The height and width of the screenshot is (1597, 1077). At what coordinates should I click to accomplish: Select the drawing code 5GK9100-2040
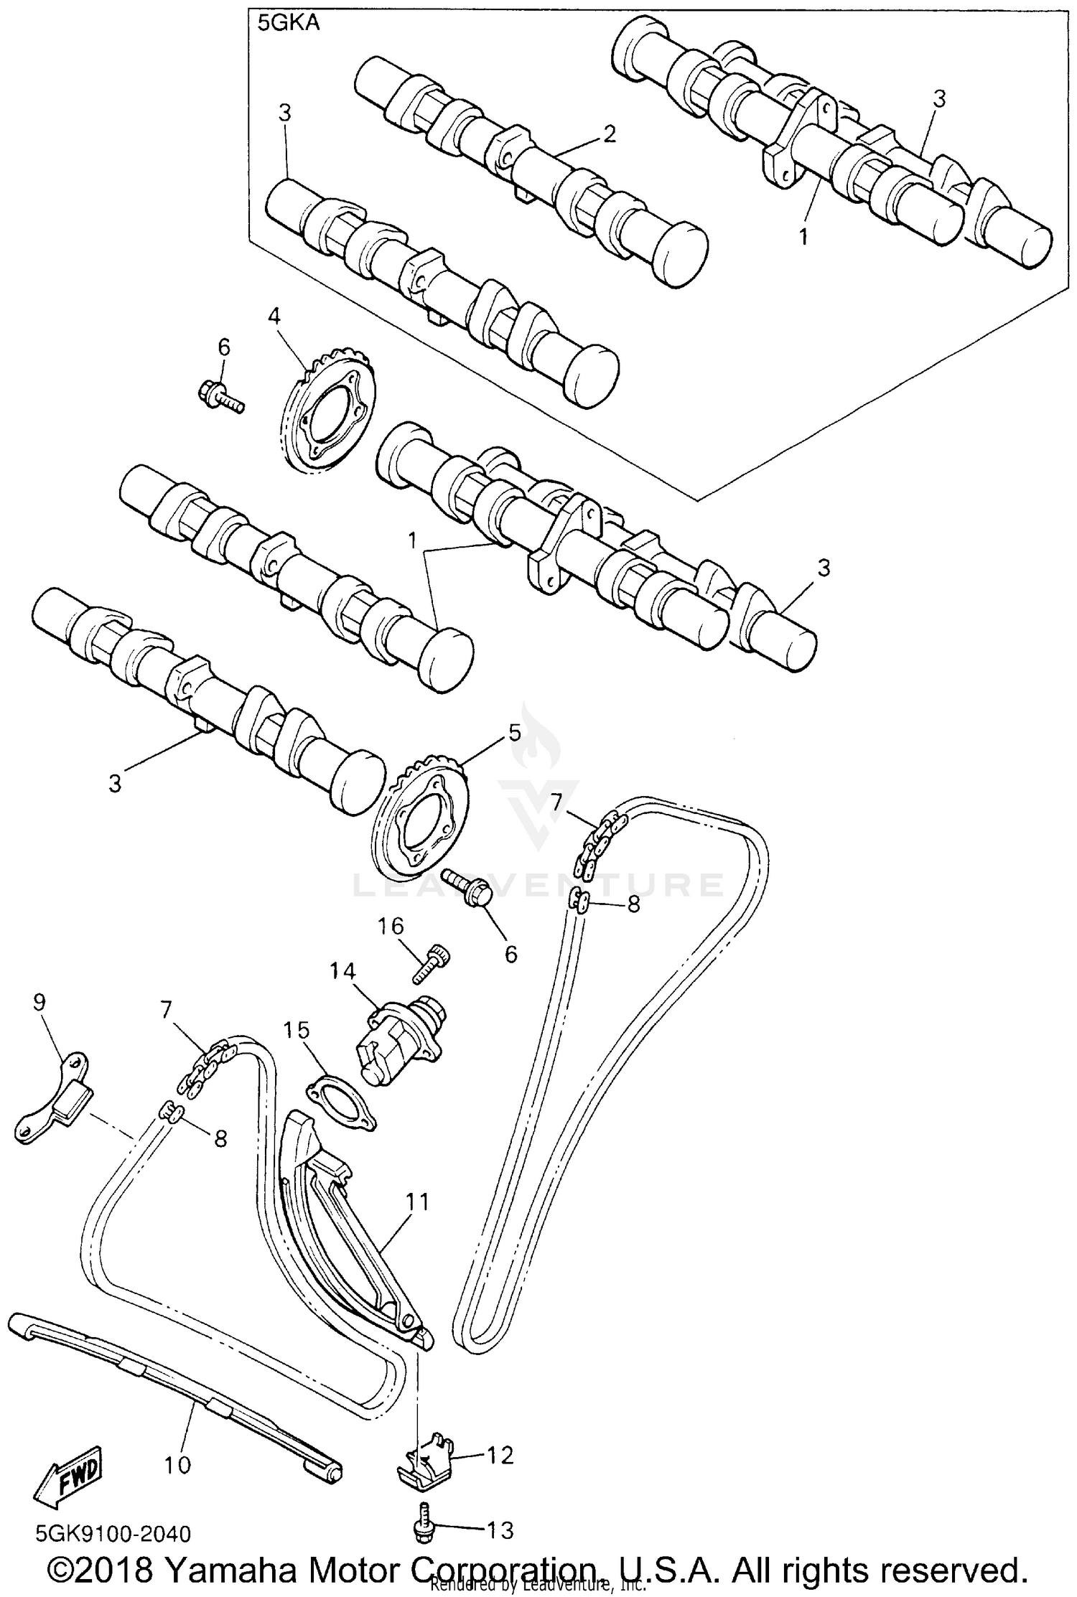[x=113, y=1535]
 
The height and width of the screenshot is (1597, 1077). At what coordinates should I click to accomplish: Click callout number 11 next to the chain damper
[x=416, y=1202]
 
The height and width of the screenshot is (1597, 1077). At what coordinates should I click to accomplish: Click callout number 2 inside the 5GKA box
[x=609, y=134]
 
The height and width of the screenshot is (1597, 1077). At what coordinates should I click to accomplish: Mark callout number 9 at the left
[x=39, y=1001]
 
